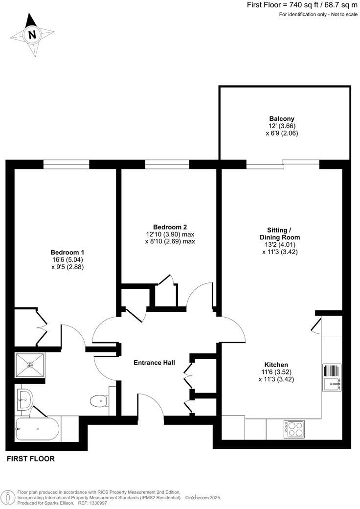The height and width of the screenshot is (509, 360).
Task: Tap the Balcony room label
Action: coord(282,118)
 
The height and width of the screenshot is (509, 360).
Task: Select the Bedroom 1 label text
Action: coord(64,252)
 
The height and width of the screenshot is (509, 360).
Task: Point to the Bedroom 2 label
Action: coord(170,227)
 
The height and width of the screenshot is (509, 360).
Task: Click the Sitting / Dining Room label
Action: coord(279,233)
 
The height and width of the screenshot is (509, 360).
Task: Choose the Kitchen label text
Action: coord(276,365)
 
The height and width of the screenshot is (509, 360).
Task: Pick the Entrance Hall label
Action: coord(155,363)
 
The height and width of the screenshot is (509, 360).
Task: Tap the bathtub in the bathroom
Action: coord(37,430)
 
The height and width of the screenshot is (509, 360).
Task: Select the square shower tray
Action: coord(30,365)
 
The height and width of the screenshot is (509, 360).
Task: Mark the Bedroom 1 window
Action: coord(67,164)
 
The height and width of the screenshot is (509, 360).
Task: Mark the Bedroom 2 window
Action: coord(167,164)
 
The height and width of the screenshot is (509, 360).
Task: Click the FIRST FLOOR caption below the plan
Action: coord(30,459)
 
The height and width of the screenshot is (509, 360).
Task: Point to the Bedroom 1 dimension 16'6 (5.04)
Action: coord(64,259)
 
